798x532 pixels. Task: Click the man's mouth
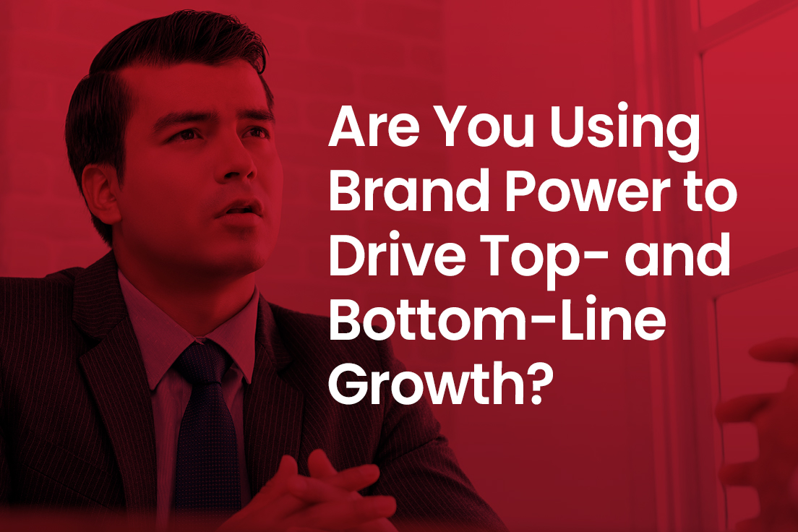239,210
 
